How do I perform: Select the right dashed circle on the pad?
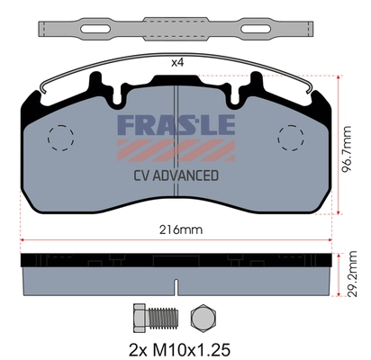[292, 137]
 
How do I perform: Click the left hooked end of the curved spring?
[41, 90]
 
